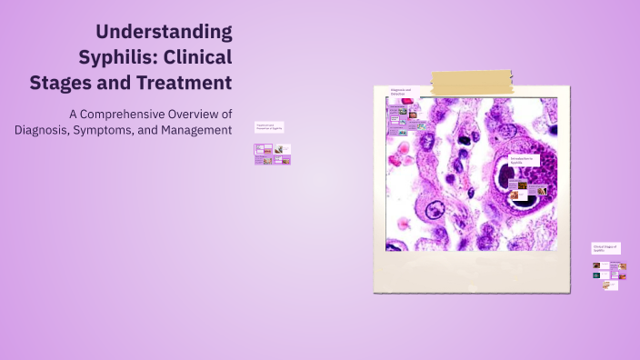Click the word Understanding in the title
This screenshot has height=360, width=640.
tap(165, 32)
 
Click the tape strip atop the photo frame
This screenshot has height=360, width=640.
tap(473, 83)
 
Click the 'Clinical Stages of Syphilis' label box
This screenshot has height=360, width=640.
tap(606, 247)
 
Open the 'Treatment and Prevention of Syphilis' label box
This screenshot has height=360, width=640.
tap(269, 127)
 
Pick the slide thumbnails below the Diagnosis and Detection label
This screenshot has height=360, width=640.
tap(406, 119)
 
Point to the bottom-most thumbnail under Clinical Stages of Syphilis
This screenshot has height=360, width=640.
tap(610, 285)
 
